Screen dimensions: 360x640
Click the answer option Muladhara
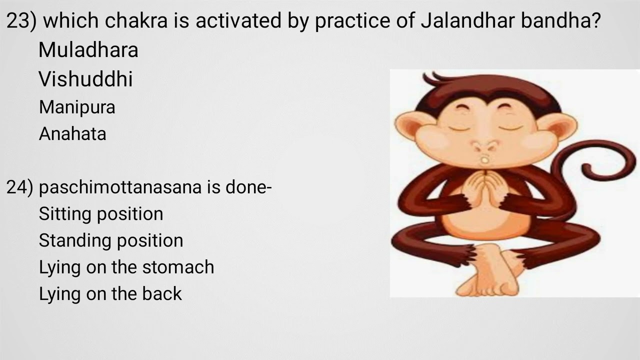(x=88, y=50)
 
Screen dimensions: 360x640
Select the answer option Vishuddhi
(x=85, y=79)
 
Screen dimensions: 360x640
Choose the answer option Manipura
(x=77, y=107)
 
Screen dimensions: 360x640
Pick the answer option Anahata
(x=72, y=134)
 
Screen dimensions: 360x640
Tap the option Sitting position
(x=101, y=214)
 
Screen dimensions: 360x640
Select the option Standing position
(x=111, y=240)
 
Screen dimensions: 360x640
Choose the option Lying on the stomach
(x=126, y=267)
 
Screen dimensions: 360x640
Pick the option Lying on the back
(x=110, y=293)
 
